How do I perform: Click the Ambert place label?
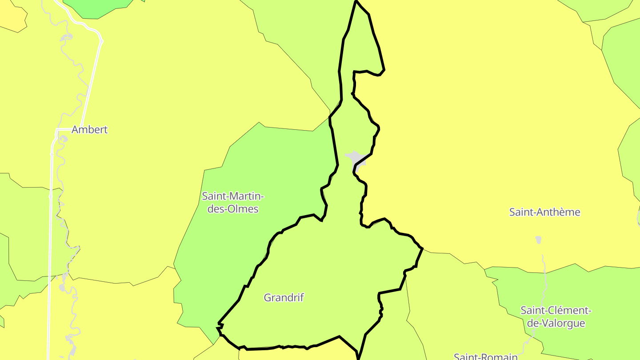click(89, 130)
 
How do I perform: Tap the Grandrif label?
click(284, 298)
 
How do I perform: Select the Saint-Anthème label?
click(544, 212)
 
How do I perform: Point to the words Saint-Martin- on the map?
click(233, 196)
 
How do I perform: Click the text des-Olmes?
click(233, 208)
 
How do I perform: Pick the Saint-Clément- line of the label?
click(556, 310)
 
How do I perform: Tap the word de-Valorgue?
click(556, 323)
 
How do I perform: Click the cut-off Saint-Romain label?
click(485, 356)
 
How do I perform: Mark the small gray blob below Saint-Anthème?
click(538, 240)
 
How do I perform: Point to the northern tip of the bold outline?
click(356, 2)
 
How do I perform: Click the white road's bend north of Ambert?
click(101, 42)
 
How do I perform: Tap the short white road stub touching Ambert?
click(64, 129)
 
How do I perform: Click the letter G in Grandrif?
click(268, 298)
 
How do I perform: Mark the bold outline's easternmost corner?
click(422, 248)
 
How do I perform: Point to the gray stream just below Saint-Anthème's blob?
click(543, 262)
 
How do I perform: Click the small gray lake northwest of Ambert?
click(65, 36)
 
